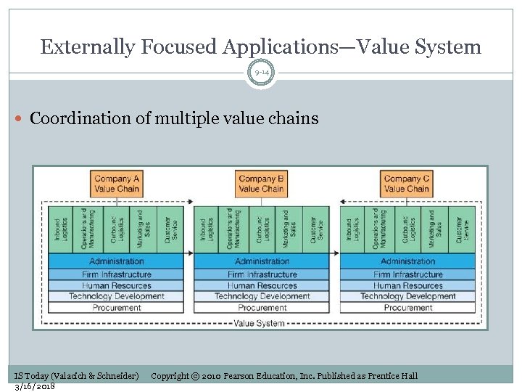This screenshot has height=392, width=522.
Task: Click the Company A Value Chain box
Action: click(116, 184)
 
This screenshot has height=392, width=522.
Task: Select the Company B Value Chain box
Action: click(261, 184)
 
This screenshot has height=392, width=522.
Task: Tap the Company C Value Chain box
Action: click(407, 184)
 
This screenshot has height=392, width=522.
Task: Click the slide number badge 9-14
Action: click(261, 73)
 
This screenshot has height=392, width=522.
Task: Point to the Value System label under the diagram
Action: click(260, 323)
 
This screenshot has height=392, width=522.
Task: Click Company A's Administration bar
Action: click(116, 261)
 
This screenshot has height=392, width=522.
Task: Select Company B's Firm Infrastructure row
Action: click(261, 274)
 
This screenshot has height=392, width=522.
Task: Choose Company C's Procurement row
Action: click(407, 308)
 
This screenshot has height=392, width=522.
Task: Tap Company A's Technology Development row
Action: click(116, 296)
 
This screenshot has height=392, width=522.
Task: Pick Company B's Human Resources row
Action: click(261, 285)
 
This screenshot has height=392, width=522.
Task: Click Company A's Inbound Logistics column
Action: click(61, 229)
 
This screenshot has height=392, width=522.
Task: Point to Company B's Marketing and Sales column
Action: click(289, 229)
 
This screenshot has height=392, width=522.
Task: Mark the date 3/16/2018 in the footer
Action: click(35, 386)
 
